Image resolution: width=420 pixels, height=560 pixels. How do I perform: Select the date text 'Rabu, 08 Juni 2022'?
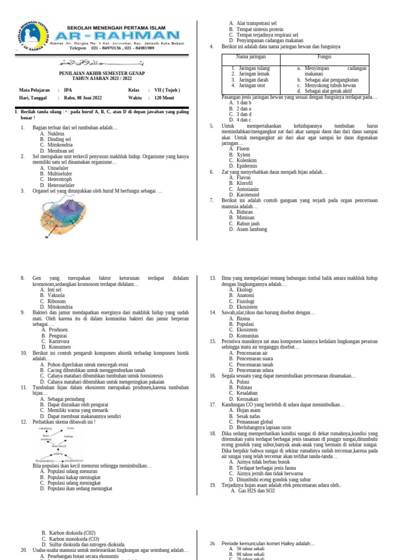83,98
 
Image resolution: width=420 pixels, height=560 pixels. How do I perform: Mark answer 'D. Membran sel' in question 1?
57,151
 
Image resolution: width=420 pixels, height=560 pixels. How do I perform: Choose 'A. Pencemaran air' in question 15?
248,353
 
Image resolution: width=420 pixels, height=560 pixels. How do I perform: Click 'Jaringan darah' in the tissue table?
251,79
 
